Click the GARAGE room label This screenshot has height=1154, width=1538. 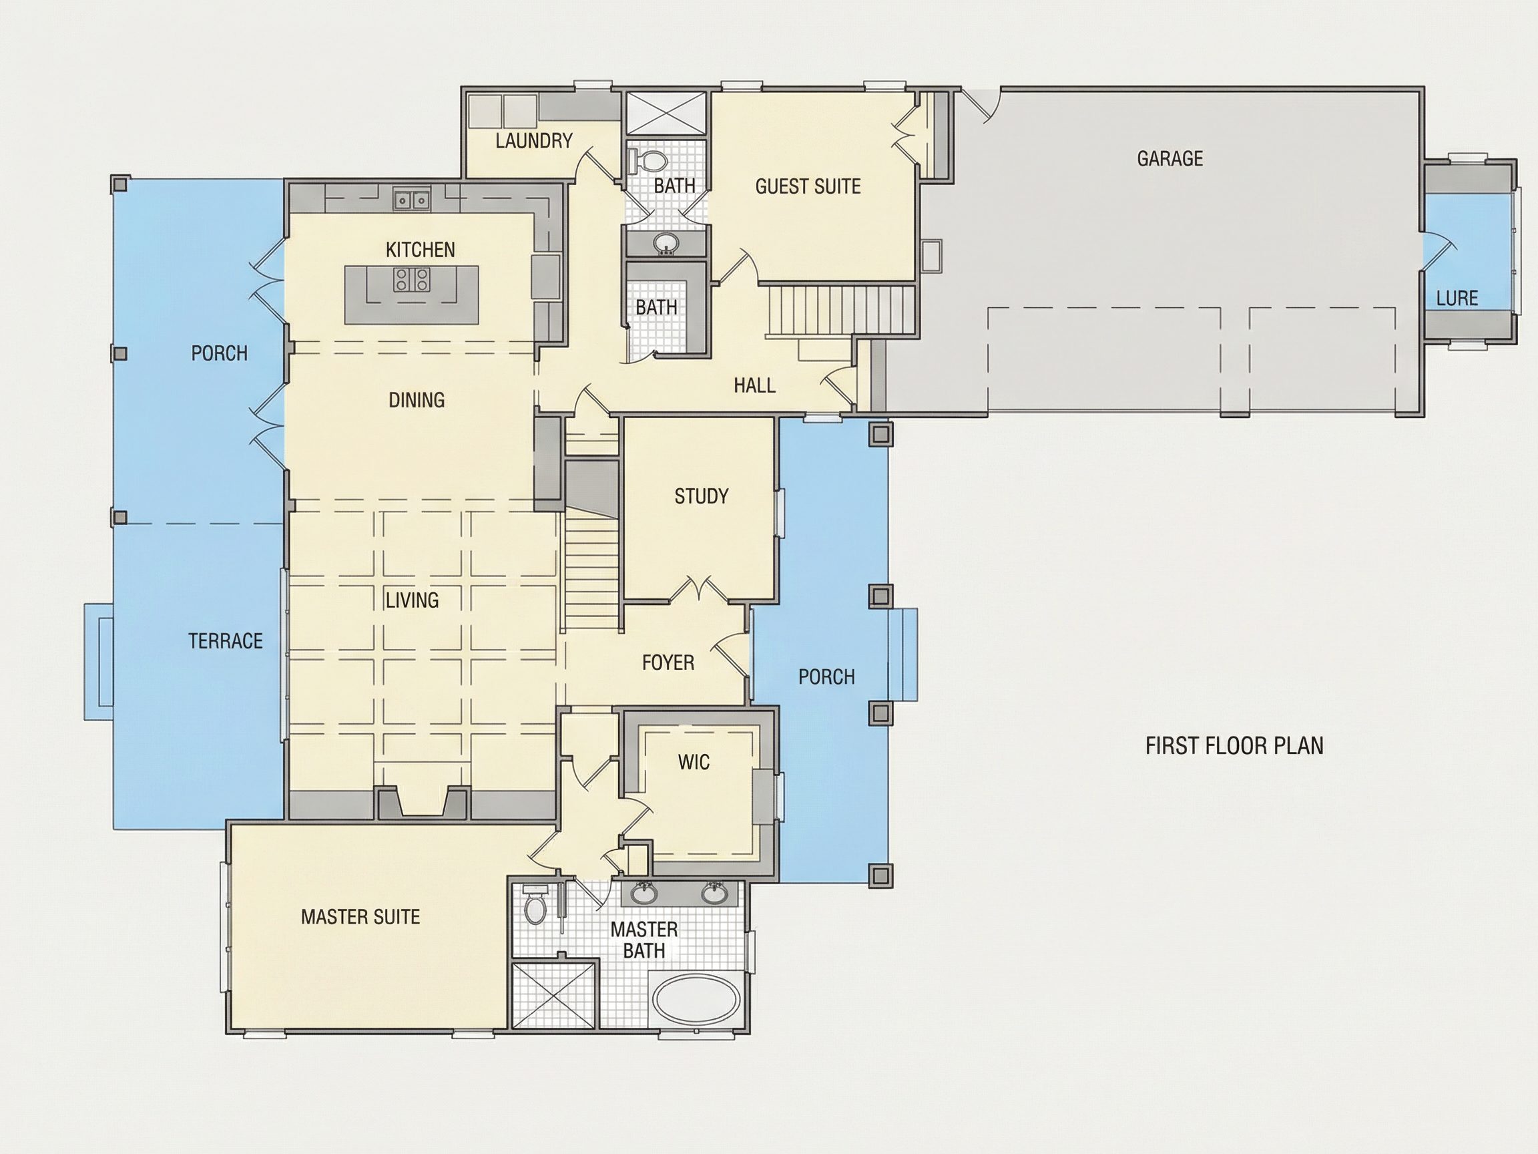pyautogui.click(x=1170, y=158)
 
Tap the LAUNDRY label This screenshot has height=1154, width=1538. pyautogui.click(x=534, y=141)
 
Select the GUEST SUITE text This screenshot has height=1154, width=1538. pyautogui.click(x=808, y=186)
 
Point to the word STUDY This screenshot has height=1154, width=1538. pyautogui.click(x=702, y=496)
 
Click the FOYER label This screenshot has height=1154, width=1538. pyautogui.click(x=668, y=662)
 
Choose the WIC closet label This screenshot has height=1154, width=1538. pyautogui.click(x=694, y=762)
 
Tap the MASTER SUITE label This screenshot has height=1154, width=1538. pyautogui.click(x=360, y=917)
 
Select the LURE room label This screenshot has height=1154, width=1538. pyautogui.click(x=1457, y=299)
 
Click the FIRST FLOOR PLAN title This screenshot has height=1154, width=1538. pyautogui.click(x=1234, y=746)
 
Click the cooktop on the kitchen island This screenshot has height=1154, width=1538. pyautogui.click(x=413, y=280)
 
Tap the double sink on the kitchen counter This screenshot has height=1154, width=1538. pyautogui.click(x=412, y=200)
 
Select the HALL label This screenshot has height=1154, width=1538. pyautogui.click(x=754, y=385)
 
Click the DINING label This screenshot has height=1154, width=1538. pyautogui.click(x=417, y=400)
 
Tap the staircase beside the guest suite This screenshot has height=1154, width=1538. pyautogui.click(x=840, y=311)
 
